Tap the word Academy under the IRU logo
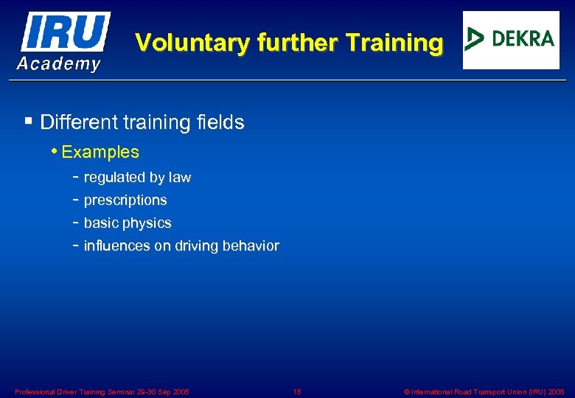click(x=59, y=64)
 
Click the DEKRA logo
click(x=511, y=40)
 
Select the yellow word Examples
click(x=100, y=153)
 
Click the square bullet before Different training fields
click(x=28, y=121)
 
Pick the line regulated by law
click(x=137, y=178)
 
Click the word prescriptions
click(x=125, y=200)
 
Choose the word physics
click(x=149, y=223)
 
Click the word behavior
click(x=250, y=246)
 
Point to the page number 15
click(x=296, y=391)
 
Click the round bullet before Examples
click(x=56, y=151)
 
